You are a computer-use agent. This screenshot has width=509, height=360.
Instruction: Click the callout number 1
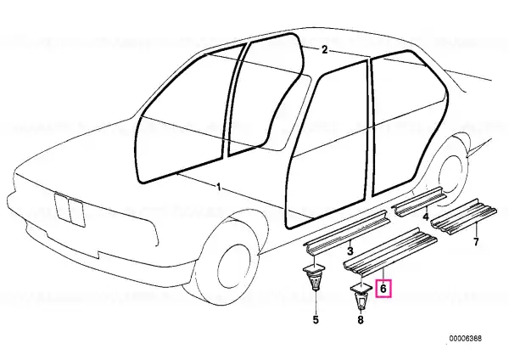[x=219, y=188]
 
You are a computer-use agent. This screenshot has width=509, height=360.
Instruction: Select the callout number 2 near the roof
[x=324, y=50]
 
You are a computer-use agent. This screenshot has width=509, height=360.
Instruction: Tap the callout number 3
[x=350, y=250]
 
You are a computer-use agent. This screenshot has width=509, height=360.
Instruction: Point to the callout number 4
[x=426, y=216]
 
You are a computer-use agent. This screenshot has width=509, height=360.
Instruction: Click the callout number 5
[x=316, y=320]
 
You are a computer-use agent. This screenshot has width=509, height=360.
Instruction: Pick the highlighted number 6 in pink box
[x=383, y=288]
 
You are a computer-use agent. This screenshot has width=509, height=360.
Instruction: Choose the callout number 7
[x=476, y=242]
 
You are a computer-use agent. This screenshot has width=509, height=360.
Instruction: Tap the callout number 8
[x=361, y=320]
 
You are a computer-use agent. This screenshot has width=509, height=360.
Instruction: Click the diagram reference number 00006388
[x=466, y=338]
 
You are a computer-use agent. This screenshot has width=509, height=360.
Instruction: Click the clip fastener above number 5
[x=315, y=277]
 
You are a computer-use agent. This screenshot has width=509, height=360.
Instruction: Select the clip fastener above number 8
[x=361, y=296]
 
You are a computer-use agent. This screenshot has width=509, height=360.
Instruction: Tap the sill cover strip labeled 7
[x=463, y=216]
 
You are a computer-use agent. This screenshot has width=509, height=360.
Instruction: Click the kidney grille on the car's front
[x=70, y=210]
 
